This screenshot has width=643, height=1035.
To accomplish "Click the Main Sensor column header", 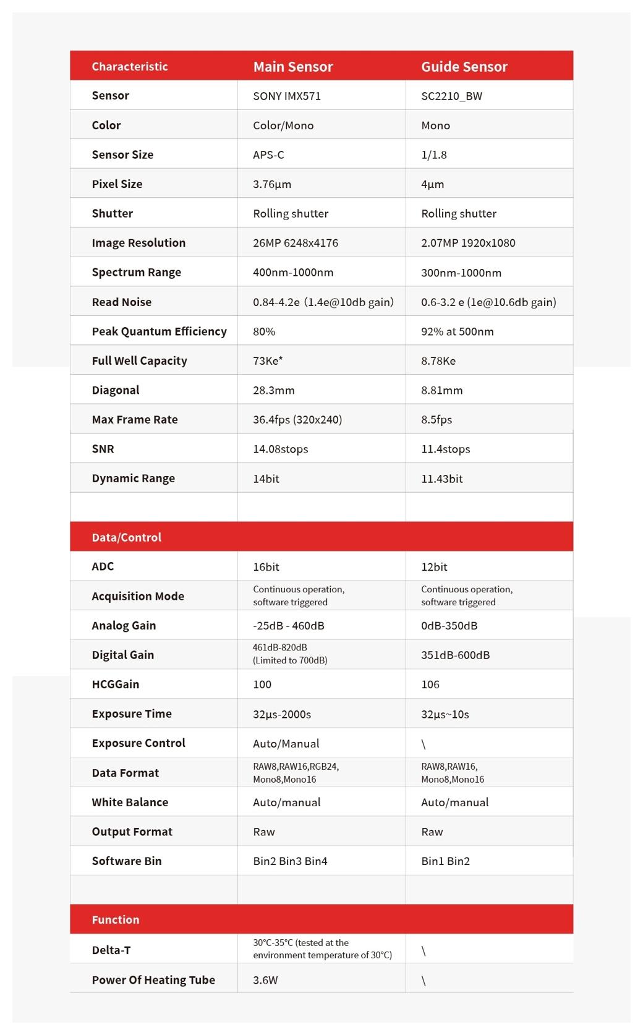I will (x=293, y=67).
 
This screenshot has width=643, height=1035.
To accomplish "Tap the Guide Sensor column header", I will (x=464, y=67).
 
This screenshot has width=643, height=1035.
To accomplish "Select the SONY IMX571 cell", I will (x=287, y=96).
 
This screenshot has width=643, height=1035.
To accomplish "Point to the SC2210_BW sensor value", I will (x=451, y=96).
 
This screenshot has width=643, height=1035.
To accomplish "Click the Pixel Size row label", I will (x=117, y=184).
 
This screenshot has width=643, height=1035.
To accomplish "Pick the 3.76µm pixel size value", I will (x=272, y=184).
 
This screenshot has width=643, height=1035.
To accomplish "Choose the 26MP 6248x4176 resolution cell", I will (x=296, y=243).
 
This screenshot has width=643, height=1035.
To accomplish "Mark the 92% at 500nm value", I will (x=458, y=331).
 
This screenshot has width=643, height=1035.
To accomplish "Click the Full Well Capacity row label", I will (x=139, y=360).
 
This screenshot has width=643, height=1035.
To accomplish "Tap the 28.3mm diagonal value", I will (x=274, y=390).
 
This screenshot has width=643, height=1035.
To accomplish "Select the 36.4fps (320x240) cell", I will (x=297, y=420).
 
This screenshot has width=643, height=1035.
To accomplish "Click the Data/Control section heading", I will (x=126, y=537).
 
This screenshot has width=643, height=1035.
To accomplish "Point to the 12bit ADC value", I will (x=434, y=567).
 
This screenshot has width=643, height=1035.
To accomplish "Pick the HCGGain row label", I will (x=116, y=684).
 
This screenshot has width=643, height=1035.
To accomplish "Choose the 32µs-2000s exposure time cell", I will (x=282, y=714).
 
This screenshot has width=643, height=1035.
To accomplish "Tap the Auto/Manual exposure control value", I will (x=286, y=744).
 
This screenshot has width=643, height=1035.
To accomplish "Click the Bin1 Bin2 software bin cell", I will (x=445, y=861).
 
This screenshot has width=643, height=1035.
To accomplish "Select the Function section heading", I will (x=116, y=919).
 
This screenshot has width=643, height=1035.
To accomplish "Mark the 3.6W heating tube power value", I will (x=265, y=980).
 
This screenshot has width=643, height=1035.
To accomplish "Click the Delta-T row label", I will (x=111, y=950).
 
